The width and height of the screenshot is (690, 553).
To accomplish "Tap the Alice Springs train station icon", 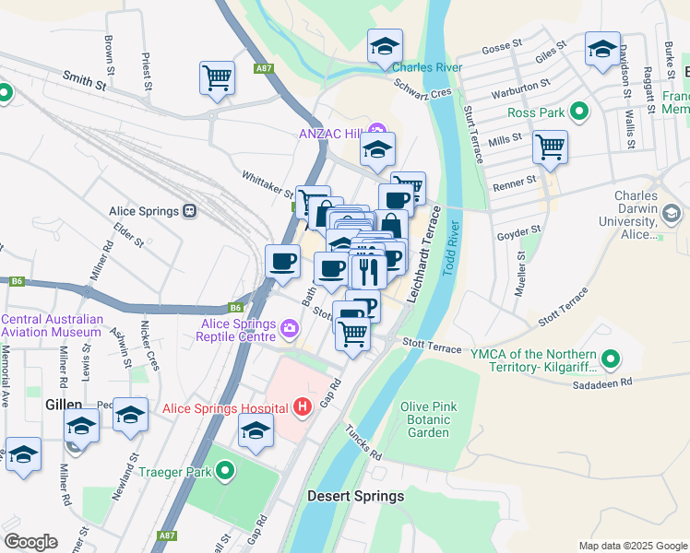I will [x=190, y=211].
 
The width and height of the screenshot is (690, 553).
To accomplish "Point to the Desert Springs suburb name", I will [x=355, y=496].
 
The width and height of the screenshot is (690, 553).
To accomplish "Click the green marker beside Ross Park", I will [x=578, y=112].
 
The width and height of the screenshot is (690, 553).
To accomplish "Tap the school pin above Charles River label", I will [x=385, y=45].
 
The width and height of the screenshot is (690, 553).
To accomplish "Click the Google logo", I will [x=30, y=542].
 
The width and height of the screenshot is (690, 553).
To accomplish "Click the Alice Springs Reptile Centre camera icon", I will [x=290, y=328].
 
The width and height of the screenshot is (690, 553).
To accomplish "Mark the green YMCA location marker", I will [x=610, y=357].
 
